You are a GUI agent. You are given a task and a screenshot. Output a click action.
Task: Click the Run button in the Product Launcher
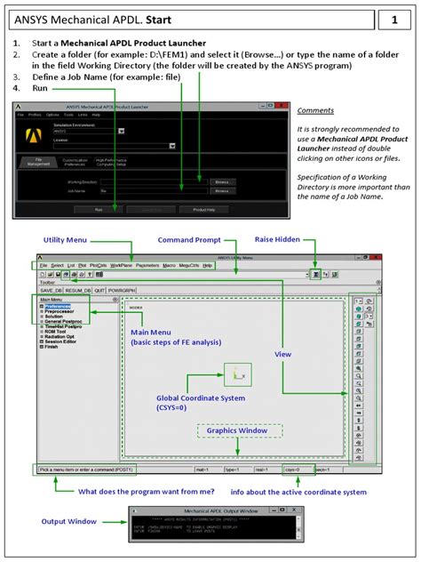[99, 210]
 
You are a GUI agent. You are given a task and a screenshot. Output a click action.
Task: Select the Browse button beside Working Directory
[222, 181]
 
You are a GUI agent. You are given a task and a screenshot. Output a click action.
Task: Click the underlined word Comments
[315, 110]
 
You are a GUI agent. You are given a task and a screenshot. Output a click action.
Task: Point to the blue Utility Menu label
[64, 241]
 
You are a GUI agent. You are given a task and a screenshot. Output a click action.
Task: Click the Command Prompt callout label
[188, 241]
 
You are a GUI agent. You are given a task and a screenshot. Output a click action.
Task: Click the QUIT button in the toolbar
[101, 291]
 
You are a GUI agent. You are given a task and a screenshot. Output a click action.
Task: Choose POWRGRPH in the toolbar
[123, 291]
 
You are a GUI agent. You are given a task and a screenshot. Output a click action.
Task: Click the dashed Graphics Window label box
[239, 430]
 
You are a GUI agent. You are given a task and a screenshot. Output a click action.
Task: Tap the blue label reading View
[282, 354]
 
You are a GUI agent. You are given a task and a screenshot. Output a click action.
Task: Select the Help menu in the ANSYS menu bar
[208, 266]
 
